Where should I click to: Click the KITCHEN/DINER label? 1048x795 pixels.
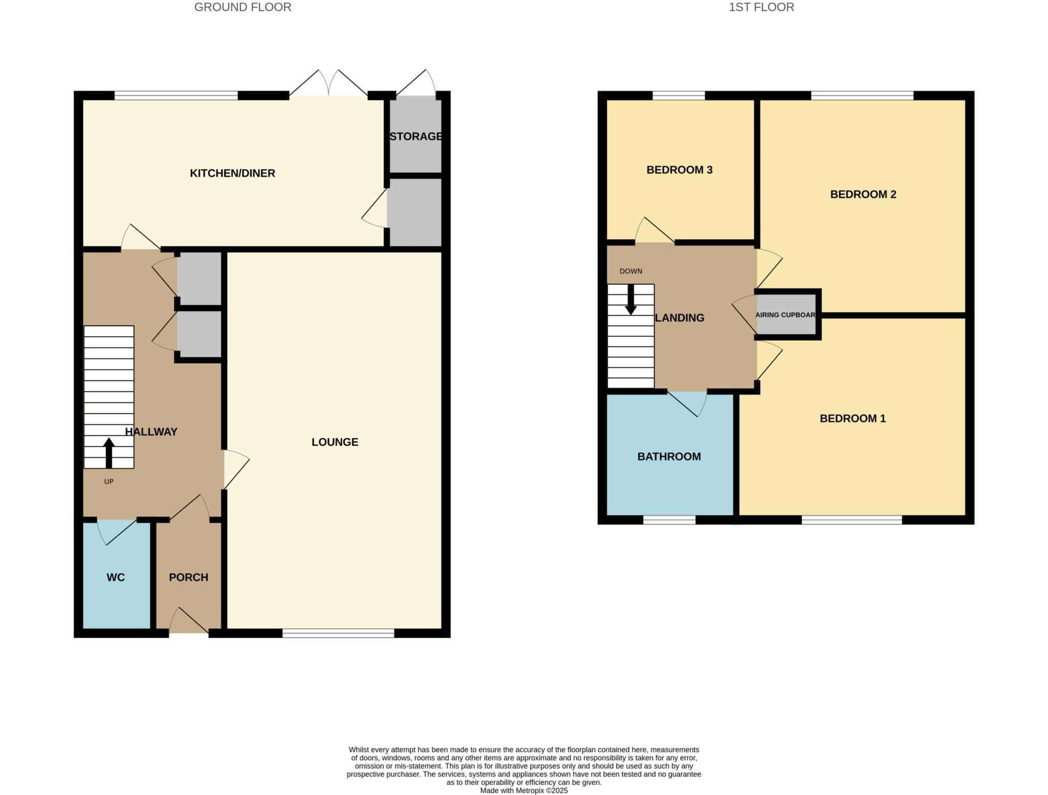point(232,173)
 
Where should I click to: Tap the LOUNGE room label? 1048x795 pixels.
point(335,442)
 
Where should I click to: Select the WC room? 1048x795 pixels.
point(116,577)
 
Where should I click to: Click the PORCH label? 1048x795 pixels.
point(188,577)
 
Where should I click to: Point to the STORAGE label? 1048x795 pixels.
point(416,137)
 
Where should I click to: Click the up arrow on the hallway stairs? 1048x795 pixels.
point(108,452)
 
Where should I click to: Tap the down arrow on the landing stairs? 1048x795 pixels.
point(630,300)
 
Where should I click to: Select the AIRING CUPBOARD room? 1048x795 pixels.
point(786,315)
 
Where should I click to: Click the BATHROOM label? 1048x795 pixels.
point(669,457)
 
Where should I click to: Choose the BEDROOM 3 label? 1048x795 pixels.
point(679,170)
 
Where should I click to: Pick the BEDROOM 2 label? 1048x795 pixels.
point(863,194)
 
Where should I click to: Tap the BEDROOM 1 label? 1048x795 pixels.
point(853,419)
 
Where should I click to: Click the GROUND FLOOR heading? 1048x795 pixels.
point(243,7)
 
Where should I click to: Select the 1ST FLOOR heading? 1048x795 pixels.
point(761,7)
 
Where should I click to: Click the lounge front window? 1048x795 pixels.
point(338,633)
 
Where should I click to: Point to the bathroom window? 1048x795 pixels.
point(669,520)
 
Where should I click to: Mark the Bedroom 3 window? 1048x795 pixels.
point(679,95)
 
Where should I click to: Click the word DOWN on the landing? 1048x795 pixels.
point(630,271)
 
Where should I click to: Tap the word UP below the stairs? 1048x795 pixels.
point(108,482)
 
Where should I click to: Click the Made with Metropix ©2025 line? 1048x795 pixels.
point(523,790)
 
